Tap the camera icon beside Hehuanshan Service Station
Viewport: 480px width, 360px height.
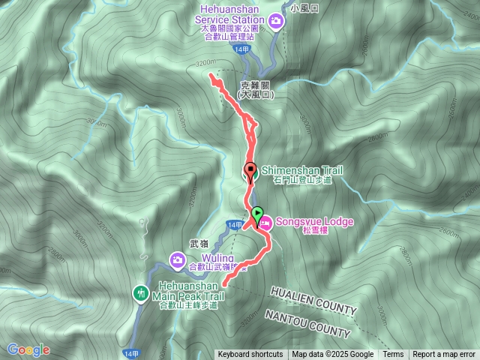pos(277,20)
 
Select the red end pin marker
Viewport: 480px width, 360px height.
pos(250,169)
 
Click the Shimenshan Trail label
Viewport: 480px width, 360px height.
pos(294,170)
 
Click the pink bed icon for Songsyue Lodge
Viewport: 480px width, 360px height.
pos(265,222)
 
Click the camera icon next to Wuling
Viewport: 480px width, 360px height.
pos(178,260)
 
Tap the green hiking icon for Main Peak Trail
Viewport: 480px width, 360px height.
pos(140,292)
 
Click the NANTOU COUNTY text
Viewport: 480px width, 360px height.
pos(307,323)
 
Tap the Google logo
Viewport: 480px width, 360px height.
pos(28,349)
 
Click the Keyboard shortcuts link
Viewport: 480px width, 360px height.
pos(250,355)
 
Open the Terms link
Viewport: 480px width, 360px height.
pos(393,355)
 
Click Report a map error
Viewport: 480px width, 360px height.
pos(444,355)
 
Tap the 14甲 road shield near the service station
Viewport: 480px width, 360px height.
pos(240,49)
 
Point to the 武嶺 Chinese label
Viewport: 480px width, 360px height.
pos(198,243)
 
